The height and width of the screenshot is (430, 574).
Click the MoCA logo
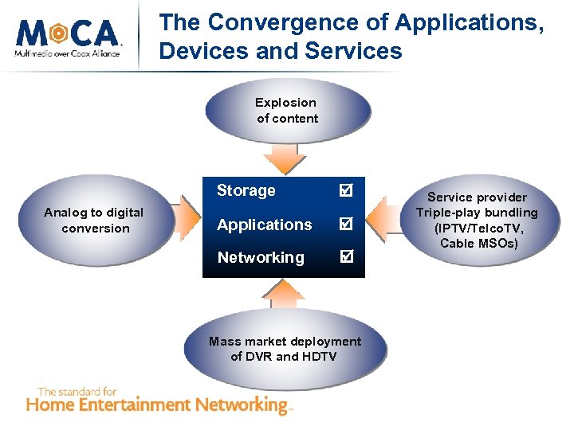67,36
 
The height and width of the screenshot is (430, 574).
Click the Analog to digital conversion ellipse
94,221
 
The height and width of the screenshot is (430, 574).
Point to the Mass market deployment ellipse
285,349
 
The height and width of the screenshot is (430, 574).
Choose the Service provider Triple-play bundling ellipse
477,220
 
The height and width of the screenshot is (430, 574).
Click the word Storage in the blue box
246,190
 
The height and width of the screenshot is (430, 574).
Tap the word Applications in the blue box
264,225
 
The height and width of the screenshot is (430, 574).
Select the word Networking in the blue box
260,257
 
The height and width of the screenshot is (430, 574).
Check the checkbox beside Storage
345,191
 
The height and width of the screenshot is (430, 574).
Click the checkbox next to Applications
345,225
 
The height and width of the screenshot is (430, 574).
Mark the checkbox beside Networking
345,257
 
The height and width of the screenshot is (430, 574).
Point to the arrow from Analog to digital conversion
188,221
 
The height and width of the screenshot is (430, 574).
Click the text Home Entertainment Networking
160,405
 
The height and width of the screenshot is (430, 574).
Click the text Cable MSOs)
479,243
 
